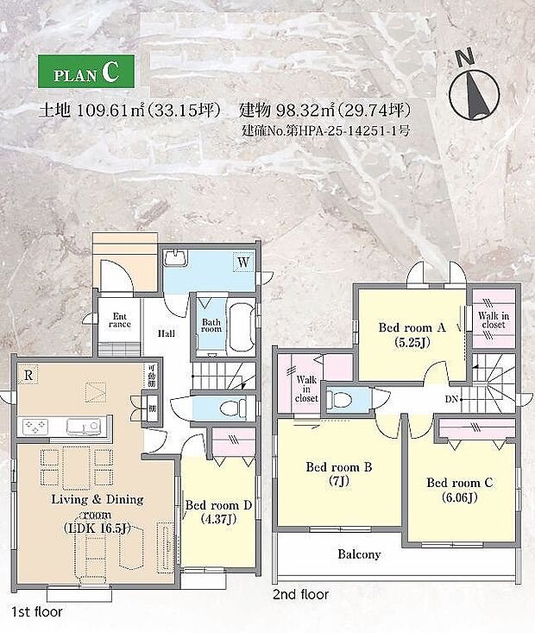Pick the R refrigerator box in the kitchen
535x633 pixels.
[x=30, y=376]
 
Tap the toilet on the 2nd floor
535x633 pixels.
[x=343, y=399]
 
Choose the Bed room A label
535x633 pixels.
[x=412, y=334]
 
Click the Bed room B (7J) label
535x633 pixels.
[x=338, y=474]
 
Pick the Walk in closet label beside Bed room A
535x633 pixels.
[x=493, y=320]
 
